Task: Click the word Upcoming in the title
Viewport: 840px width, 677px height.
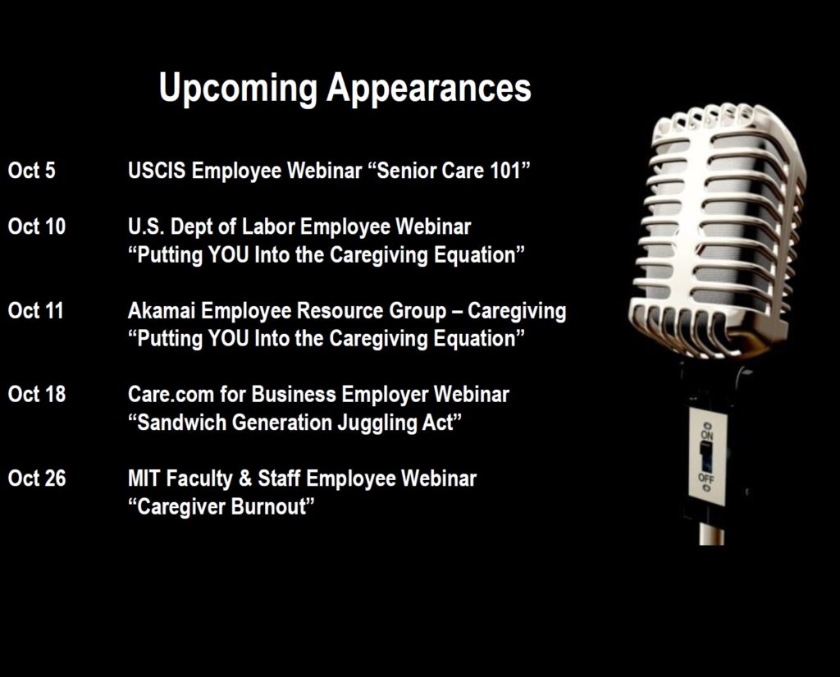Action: coord(239,89)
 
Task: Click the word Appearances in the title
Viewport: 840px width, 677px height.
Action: coord(429,89)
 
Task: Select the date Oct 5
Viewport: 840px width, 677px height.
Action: coord(32,171)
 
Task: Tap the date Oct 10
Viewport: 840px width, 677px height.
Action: coord(36,226)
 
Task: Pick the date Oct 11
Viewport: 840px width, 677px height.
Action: coord(35,310)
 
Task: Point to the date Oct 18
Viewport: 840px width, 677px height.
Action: coord(36,394)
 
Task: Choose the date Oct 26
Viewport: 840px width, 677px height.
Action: coord(36,478)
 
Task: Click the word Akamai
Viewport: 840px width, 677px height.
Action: coord(162,310)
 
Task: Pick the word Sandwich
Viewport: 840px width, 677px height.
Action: coord(182,423)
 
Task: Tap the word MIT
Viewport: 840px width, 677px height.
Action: coord(144,478)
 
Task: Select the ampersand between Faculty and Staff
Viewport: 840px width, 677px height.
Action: coord(245,478)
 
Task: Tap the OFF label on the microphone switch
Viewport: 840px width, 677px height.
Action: coord(706,477)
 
